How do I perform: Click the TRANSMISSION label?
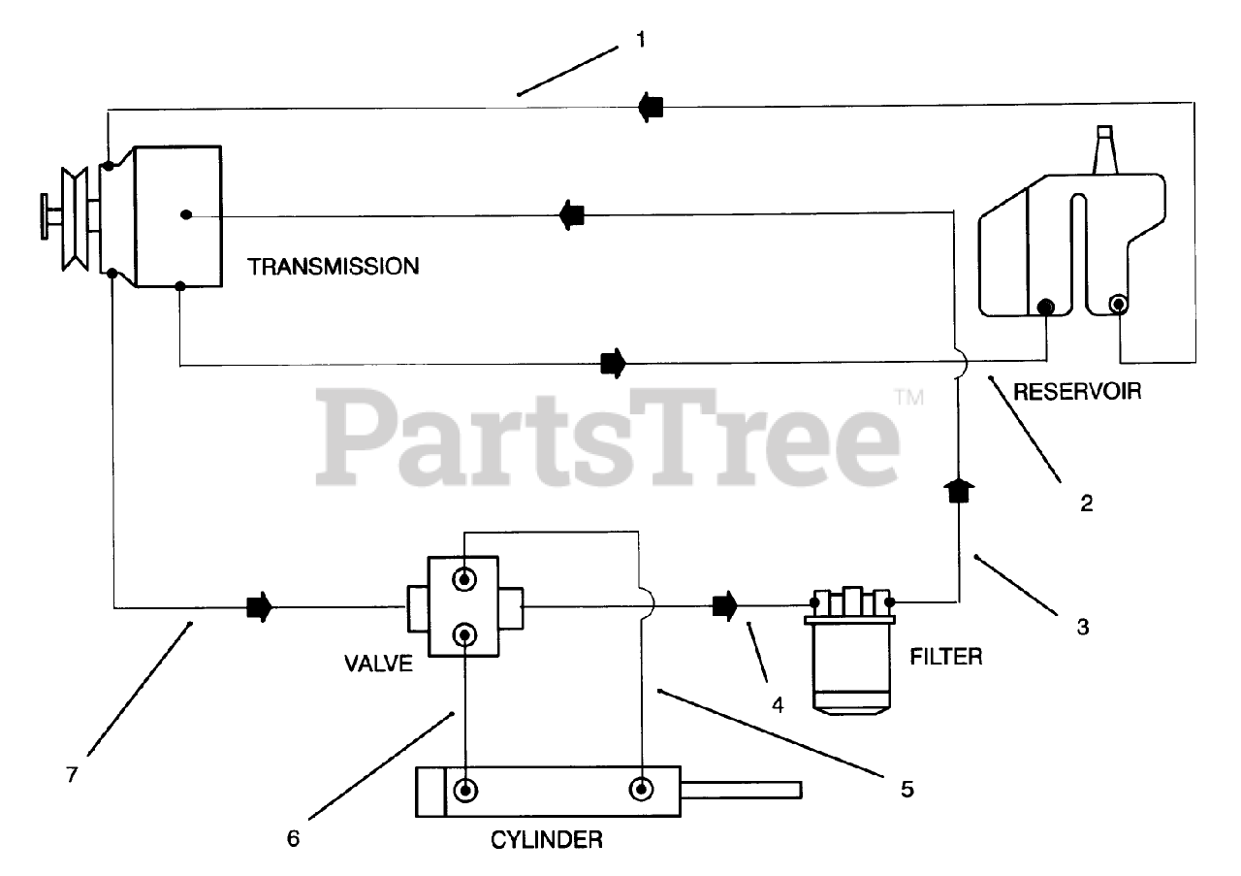[x=334, y=266]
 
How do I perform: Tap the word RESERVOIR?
[x=1076, y=392]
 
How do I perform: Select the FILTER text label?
[x=946, y=657]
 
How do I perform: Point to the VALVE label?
[x=378, y=665]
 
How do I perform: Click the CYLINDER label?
[x=546, y=839]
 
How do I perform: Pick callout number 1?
[x=640, y=40]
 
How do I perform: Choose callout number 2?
[x=1086, y=503]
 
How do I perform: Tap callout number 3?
[x=1083, y=627]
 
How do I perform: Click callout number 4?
[x=777, y=705]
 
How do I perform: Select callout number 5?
[x=907, y=788]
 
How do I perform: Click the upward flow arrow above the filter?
[x=959, y=491]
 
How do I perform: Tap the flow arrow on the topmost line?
[x=650, y=106]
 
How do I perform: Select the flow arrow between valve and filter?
[x=724, y=606]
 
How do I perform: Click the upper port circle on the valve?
[x=465, y=579]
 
